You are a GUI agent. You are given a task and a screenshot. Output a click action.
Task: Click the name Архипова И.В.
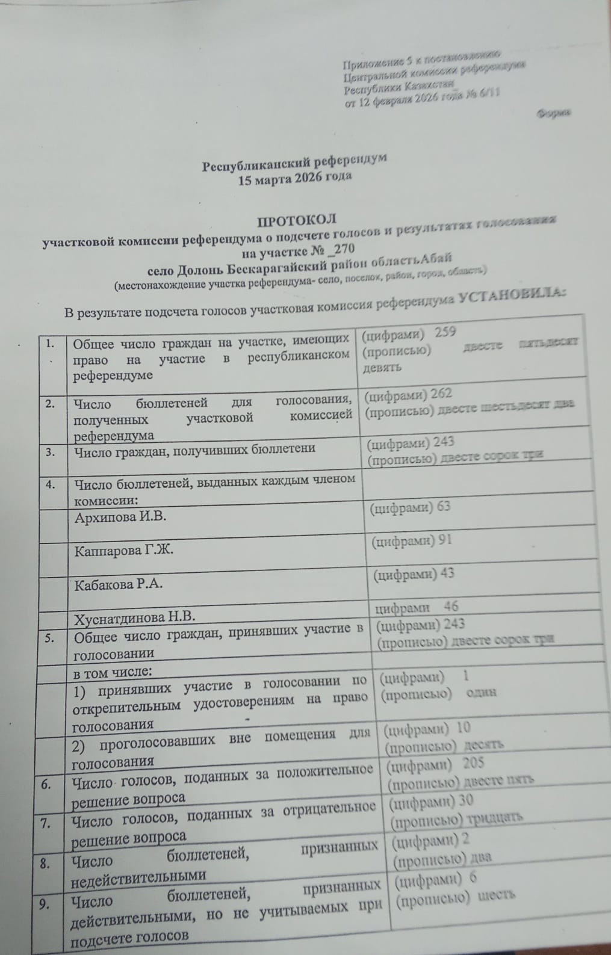[x=120, y=517]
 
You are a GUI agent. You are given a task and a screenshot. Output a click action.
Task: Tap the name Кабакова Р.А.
[x=118, y=583]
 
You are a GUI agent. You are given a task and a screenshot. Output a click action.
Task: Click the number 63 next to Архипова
[x=444, y=507]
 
